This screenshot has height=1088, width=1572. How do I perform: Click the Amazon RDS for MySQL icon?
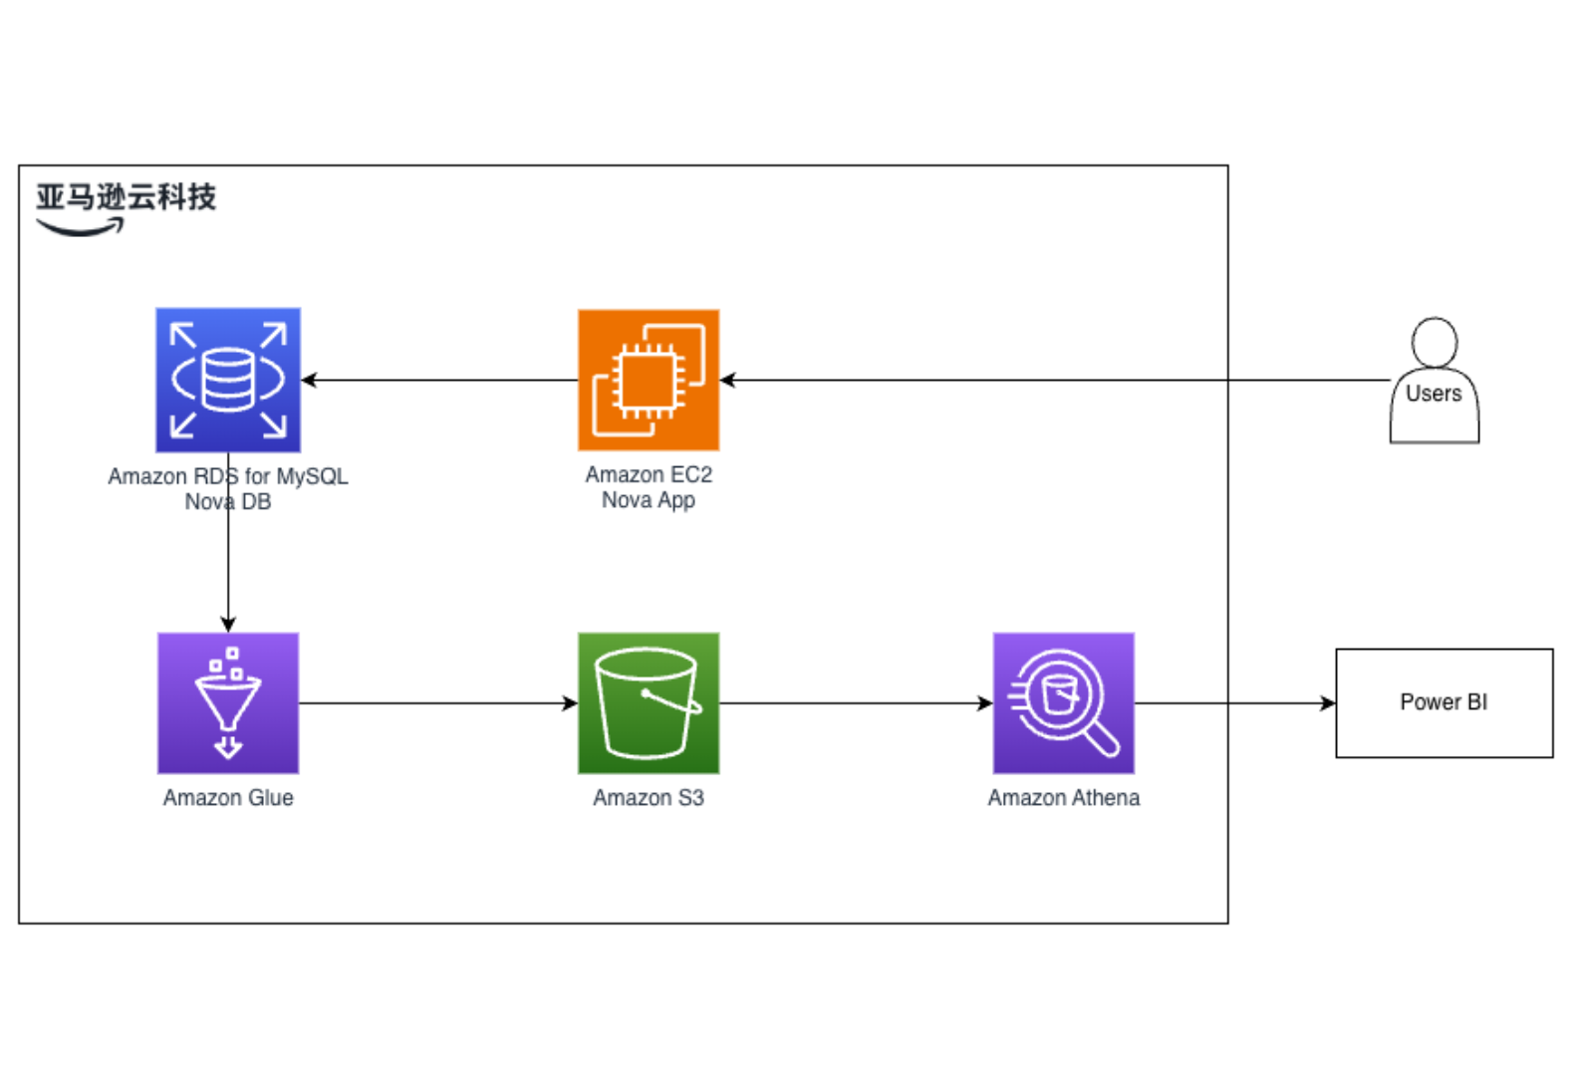click(228, 380)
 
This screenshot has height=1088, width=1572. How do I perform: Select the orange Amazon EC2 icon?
click(649, 380)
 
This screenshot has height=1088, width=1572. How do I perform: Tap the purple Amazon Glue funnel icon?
click(228, 703)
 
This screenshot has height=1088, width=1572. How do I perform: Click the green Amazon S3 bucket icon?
click(649, 703)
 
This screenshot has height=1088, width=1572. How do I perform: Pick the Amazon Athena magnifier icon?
click(1063, 703)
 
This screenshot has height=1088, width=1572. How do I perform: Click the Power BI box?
click(1443, 703)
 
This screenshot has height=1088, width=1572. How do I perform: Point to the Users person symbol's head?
click(1435, 342)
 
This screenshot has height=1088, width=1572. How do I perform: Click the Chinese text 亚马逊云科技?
click(127, 197)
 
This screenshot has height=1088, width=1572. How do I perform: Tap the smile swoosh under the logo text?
click(81, 228)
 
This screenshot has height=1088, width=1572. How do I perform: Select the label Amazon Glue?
click(228, 798)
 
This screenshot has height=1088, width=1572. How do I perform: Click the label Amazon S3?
click(649, 798)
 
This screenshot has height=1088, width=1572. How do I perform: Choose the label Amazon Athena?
click(1063, 798)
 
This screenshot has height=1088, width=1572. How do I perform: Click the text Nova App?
click(649, 500)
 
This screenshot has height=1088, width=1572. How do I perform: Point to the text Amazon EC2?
click(649, 475)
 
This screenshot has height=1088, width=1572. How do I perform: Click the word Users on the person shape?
click(1434, 394)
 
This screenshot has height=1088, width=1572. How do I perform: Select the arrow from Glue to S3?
click(438, 703)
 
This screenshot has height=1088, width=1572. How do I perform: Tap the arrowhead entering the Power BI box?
click(1328, 703)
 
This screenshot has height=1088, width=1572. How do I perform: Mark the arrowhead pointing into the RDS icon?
click(309, 380)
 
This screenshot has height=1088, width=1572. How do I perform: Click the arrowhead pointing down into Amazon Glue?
click(228, 625)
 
